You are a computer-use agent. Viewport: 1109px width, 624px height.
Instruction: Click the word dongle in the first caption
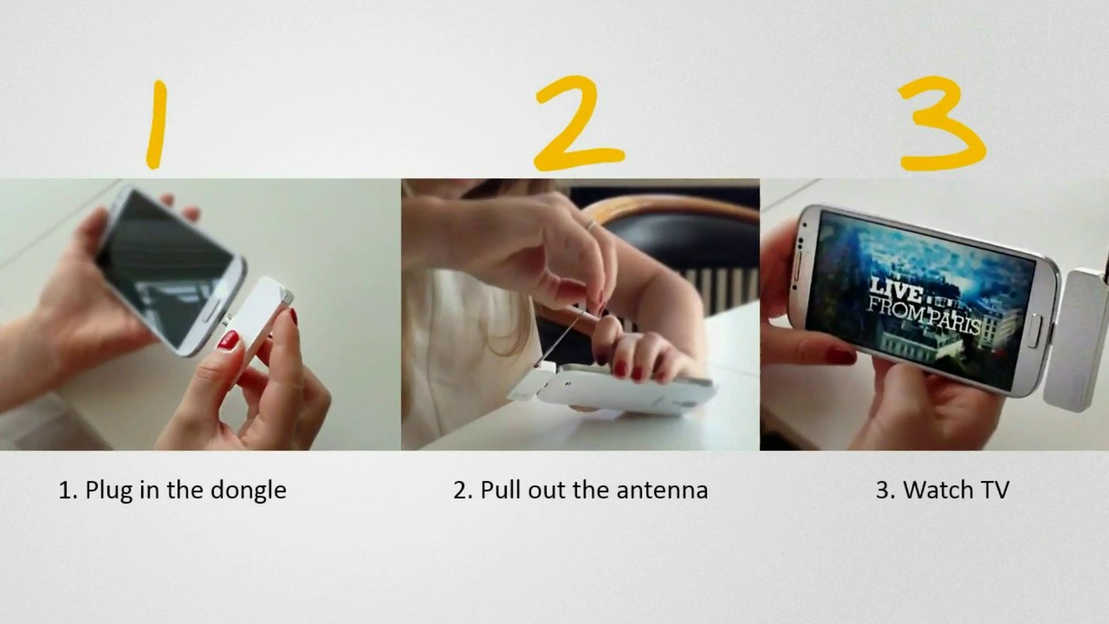coord(248,491)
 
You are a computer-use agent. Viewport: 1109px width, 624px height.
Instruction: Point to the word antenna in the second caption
coord(663,491)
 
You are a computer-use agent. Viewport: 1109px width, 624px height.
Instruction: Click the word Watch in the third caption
coord(937,491)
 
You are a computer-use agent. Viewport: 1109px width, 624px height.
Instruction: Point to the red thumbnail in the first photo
coord(228,340)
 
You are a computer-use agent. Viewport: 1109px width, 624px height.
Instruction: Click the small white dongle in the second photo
coord(531,381)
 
